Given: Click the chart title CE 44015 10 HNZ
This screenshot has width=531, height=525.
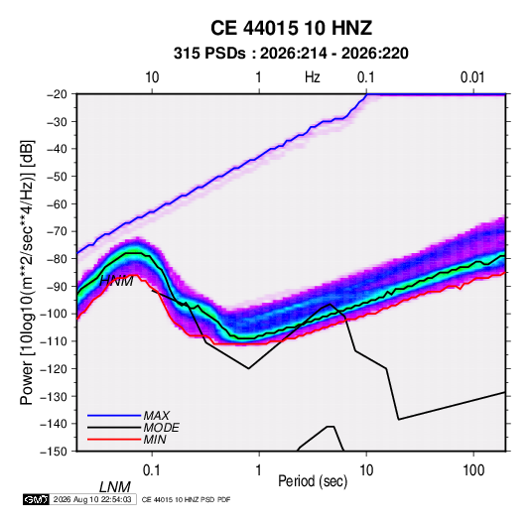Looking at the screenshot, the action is click(x=291, y=28).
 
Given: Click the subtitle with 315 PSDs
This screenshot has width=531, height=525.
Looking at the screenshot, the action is click(x=291, y=54).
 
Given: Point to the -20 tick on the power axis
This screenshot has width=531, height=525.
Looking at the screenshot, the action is click(x=57, y=94).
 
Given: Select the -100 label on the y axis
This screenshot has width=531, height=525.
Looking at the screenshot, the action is click(x=54, y=314).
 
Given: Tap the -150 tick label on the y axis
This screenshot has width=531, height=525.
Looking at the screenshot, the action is click(x=54, y=452).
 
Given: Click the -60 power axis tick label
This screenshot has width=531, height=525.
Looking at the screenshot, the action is click(x=57, y=203).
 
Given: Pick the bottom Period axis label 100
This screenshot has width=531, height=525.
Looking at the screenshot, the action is click(x=473, y=470).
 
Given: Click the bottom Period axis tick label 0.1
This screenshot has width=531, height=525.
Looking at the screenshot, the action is click(x=152, y=470).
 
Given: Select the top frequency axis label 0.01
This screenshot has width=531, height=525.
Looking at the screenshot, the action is click(x=472, y=77).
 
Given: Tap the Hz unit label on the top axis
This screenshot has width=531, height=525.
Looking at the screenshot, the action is click(x=313, y=77).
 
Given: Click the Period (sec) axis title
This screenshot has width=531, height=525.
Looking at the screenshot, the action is click(x=313, y=481).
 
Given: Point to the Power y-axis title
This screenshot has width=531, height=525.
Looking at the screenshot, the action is click(x=27, y=272).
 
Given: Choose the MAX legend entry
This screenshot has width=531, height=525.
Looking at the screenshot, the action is click(x=156, y=415).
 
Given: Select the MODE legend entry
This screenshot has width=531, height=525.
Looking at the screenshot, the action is click(x=161, y=428).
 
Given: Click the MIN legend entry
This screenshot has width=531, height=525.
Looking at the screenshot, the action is click(x=155, y=440).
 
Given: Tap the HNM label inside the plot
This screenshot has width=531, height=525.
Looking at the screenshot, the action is click(x=116, y=281).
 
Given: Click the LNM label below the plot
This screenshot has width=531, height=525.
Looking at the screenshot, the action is click(x=115, y=487).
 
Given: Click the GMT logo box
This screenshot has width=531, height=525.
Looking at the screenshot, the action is click(x=36, y=499).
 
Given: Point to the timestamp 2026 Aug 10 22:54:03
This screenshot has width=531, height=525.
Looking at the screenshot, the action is click(x=92, y=499).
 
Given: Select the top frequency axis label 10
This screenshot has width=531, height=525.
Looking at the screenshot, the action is click(x=152, y=77).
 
